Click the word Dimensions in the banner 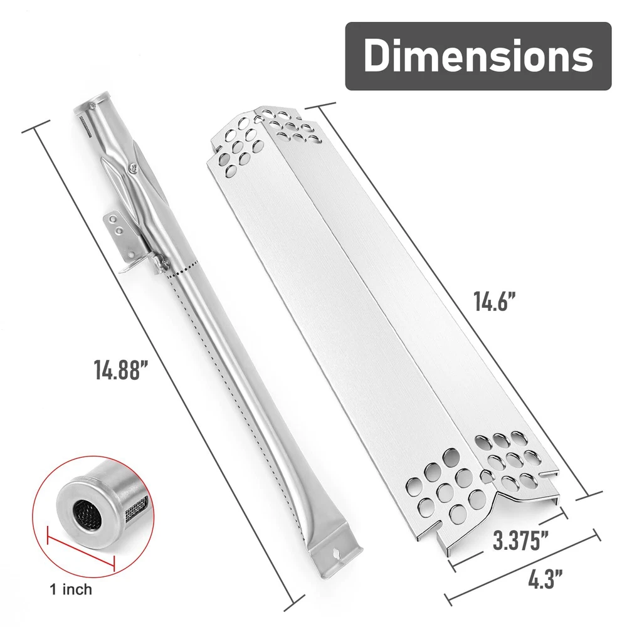pyautogui.click(x=478, y=55)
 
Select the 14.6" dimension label pyautogui.click(x=495, y=301)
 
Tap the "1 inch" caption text pyautogui.click(x=71, y=589)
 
